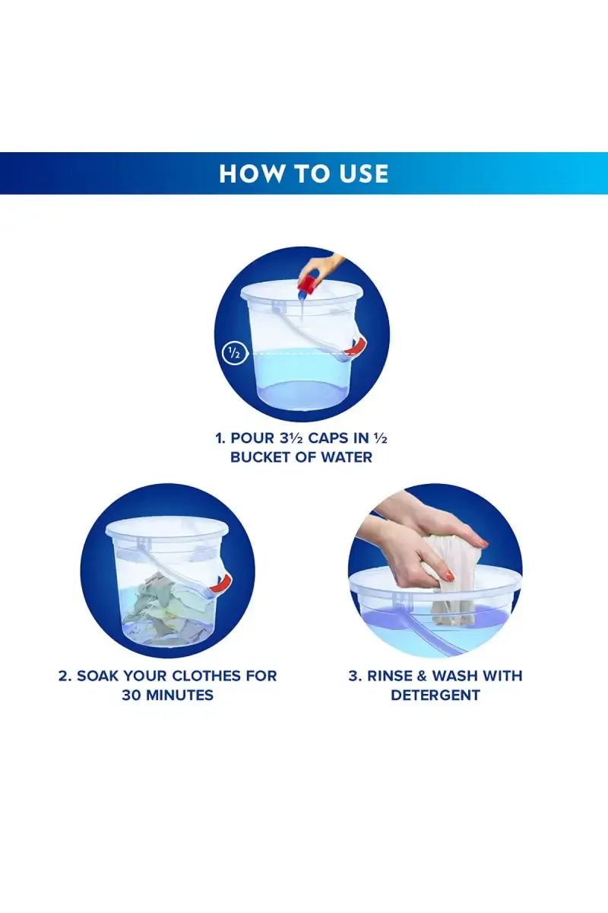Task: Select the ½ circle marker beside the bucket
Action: [x=234, y=353]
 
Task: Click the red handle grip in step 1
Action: [x=354, y=347]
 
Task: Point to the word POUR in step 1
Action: [x=252, y=438]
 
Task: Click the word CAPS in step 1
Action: [x=328, y=438]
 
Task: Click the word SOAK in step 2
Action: [x=97, y=676]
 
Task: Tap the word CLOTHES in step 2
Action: [x=207, y=676]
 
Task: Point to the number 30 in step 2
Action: [x=131, y=695]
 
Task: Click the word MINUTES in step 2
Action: [x=179, y=695]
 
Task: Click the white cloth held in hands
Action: [x=448, y=579]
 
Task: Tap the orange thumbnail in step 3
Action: [x=448, y=575]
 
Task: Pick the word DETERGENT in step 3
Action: [x=435, y=695]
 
